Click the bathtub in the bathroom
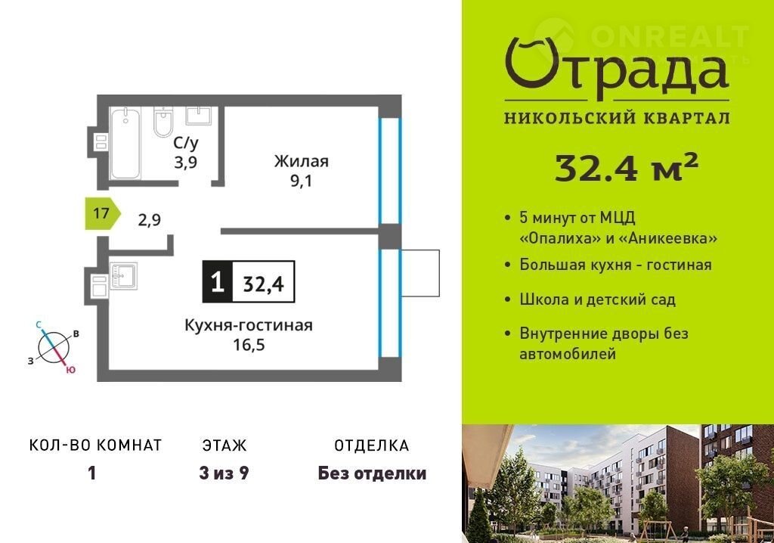[x=125, y=143]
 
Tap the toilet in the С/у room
[x=163, y=122]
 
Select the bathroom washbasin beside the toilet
[x=199, y=116]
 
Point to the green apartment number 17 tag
[x=103, y=213]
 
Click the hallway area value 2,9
[x=149, y=220]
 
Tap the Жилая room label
[x=301, y=161]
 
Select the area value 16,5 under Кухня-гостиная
[x=249, y=344]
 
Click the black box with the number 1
[x=217, y=282]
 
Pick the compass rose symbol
[x=54, y=347]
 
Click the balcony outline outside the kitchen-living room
[x=420, y=273]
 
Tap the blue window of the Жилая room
[x=389, y=171]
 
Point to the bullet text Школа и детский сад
[x=597, y=300]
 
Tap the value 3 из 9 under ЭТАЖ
[x=224, y=473]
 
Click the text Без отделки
[x=372, y=473]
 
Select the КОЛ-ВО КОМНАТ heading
[x=96, y=445]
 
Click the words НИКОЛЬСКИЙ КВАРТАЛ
[x=617, y=118]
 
